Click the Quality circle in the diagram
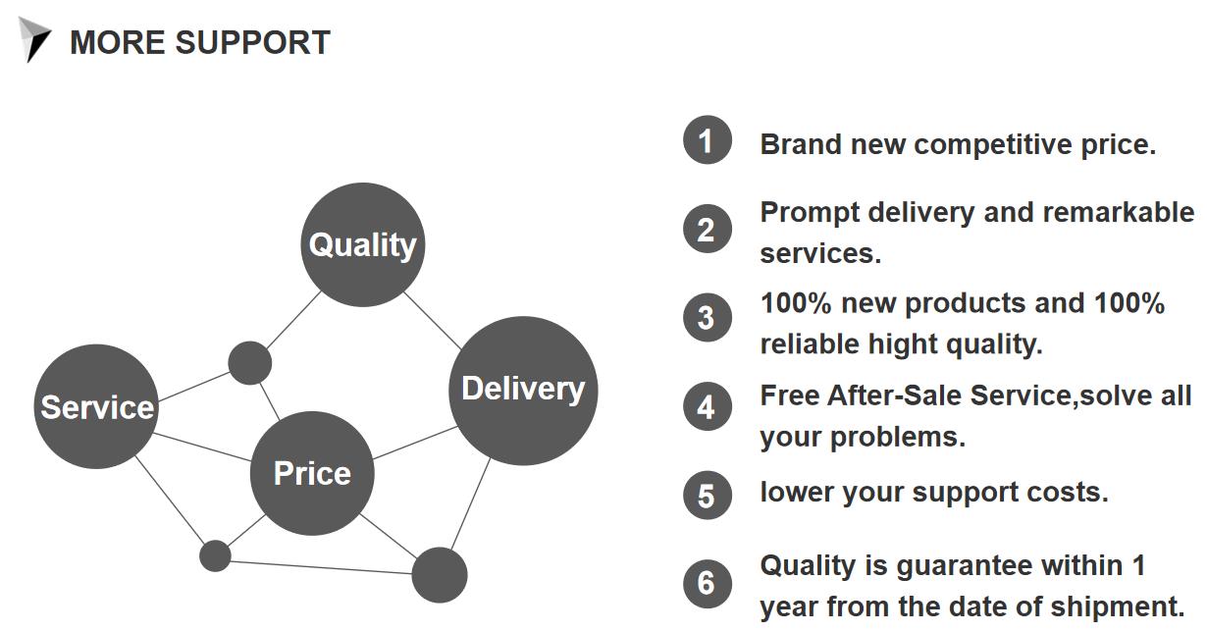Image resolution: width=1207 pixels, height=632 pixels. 363,244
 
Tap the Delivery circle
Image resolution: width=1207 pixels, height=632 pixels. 523,391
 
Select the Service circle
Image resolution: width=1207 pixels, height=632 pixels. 96,406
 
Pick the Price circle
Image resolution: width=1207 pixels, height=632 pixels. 312,473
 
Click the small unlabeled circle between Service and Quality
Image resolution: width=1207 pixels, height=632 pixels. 250,362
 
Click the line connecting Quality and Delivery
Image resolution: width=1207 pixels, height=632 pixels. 432,321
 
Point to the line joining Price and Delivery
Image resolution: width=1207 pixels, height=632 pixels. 415,443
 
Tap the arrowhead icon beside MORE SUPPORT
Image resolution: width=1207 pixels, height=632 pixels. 34,39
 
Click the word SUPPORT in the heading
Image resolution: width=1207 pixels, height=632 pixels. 253,42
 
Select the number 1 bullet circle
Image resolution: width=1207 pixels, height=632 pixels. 708,139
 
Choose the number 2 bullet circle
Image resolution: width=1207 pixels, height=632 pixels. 708,229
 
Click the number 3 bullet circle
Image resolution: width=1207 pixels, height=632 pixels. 708,317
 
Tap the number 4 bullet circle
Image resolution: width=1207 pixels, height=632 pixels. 708,406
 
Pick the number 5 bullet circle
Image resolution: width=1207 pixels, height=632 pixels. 708,496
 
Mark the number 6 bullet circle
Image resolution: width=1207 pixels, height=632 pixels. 708,584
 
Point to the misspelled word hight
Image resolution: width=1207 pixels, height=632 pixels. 903,344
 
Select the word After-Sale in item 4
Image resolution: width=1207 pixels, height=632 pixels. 895,396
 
